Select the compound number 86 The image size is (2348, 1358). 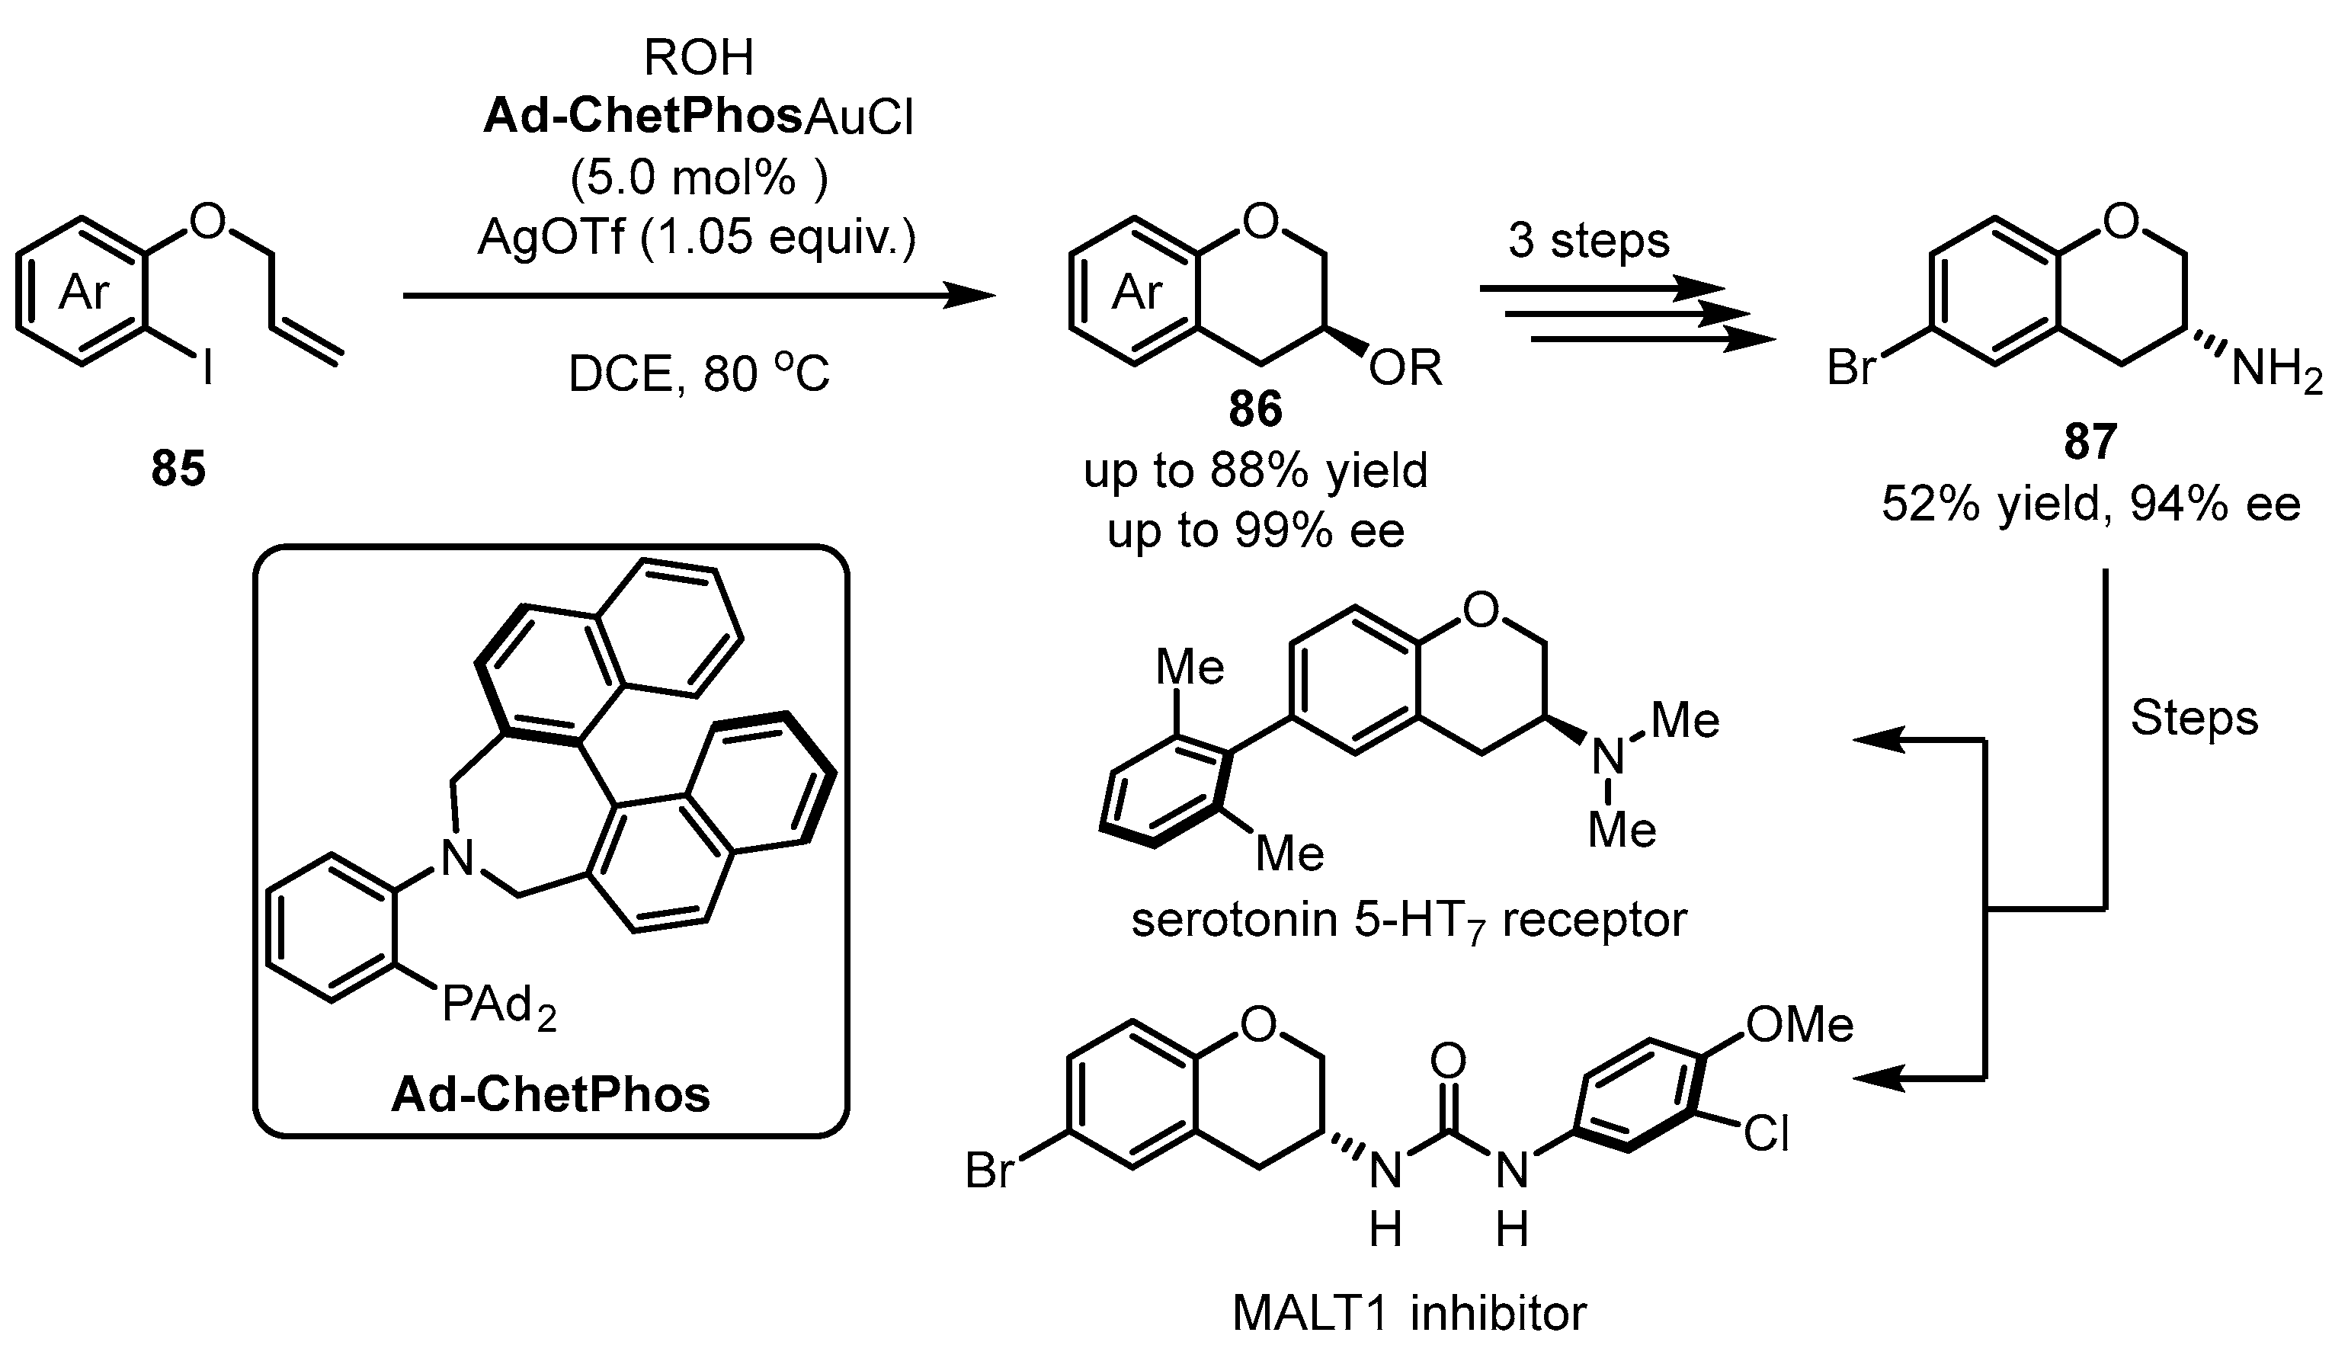[1255, 410]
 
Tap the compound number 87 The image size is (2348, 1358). [2090, 440]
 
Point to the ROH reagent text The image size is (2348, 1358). [698, 58]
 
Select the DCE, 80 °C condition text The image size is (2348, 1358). [698, 374]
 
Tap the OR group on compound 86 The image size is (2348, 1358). [1405, 368]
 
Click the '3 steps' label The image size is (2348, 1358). [1589, 240]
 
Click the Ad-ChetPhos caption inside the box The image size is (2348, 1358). [551, 1094]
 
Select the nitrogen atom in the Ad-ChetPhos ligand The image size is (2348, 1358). [456, 857]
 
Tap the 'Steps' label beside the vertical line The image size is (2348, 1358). [2194, 717]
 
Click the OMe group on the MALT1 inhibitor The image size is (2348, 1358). [1799, 1024]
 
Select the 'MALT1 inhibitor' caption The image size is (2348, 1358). [1409, 1313]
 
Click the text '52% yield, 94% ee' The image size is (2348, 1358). [2090, 504]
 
